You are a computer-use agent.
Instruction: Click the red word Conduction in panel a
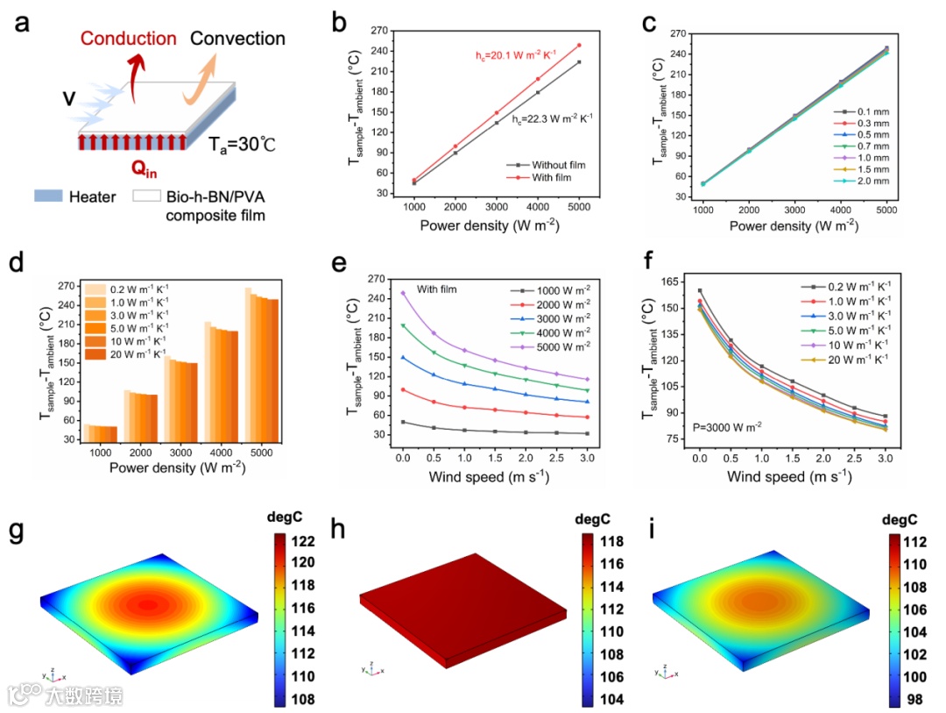[x=128, y=39]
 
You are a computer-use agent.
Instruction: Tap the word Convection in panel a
[x=237, y=39]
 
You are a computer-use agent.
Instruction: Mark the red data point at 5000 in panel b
[x=578, y=45]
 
